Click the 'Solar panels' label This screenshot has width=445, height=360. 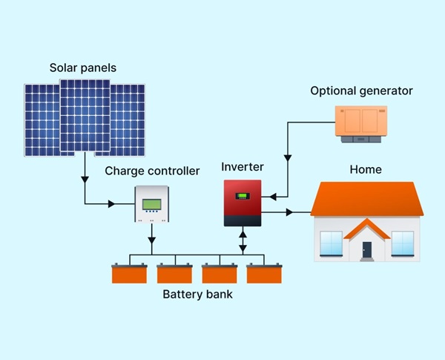(83, 68)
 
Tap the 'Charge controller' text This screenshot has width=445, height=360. (152, 171)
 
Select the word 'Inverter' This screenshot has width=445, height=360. (243, 167)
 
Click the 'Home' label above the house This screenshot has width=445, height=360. (366, 169)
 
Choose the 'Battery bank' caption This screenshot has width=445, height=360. (197, 295)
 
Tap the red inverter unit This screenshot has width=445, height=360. (243, 203)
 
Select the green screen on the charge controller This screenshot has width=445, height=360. (152, 204)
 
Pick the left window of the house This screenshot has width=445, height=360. (331, 243)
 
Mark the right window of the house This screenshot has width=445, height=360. (402, 243)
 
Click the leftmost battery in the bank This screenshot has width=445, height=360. (130, 274)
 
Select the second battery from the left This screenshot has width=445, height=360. (175, 274)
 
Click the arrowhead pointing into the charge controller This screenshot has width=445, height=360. (113, 203)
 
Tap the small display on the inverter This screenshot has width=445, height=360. (243, 196)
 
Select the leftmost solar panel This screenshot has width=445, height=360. (41, 120)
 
